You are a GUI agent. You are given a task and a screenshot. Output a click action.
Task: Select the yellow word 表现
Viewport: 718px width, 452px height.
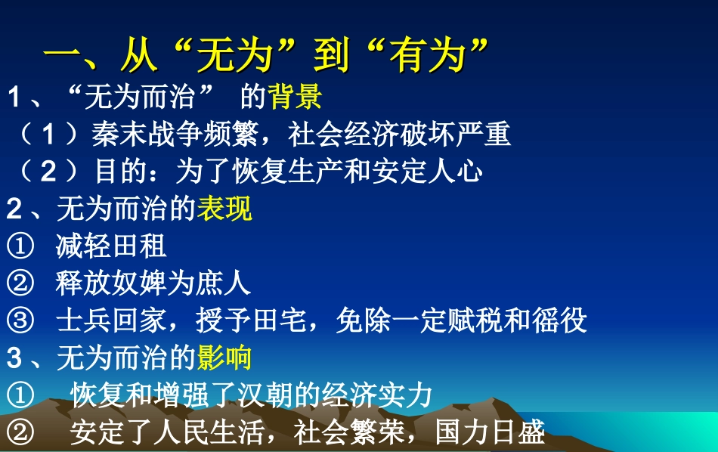(224, 209)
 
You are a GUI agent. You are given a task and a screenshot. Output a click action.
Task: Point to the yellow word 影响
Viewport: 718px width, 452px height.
(224, 358)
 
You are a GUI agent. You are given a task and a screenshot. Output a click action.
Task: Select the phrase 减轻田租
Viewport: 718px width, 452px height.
(111, 246)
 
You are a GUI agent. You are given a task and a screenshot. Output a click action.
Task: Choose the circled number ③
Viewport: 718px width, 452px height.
(20, 320)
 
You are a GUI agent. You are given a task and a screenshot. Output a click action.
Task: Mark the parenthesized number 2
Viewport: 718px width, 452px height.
(49, 172)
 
